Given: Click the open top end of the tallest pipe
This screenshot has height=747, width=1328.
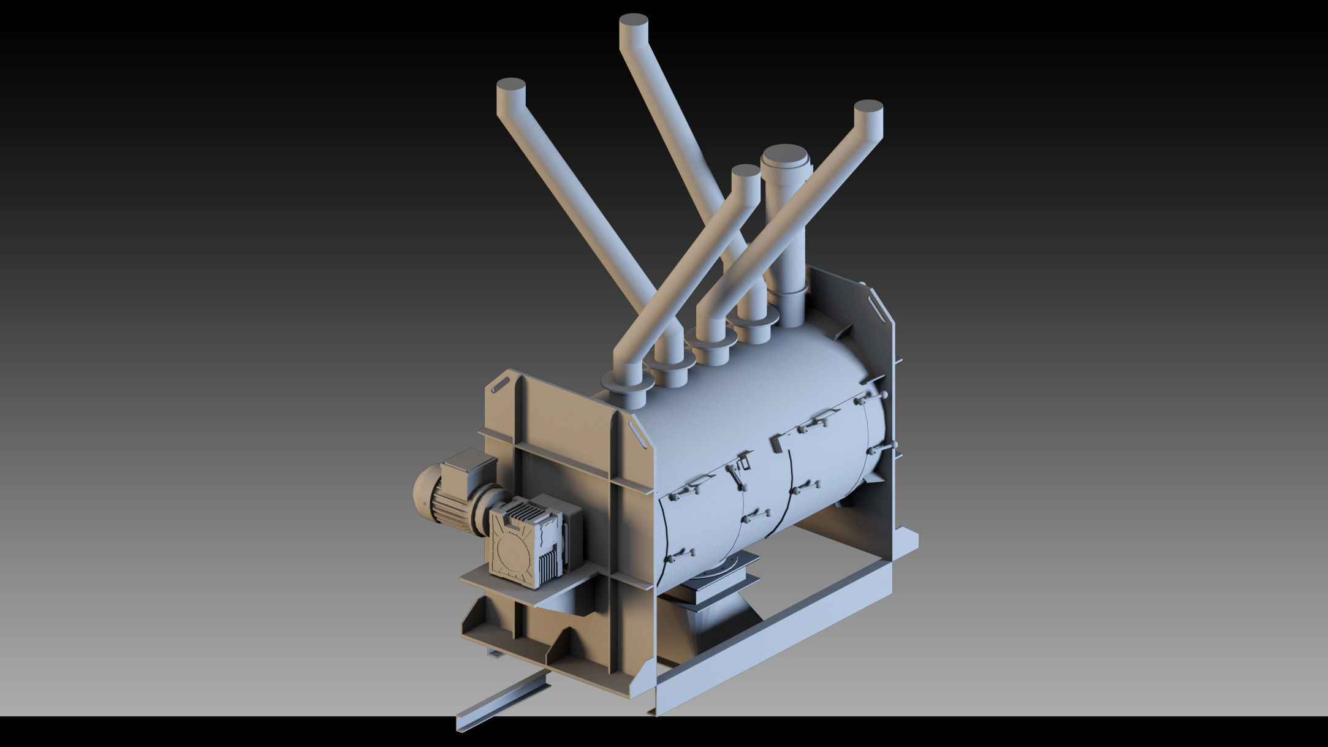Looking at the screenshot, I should coord(634,21).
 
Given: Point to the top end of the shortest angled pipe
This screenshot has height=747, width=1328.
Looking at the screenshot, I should coord(746,173).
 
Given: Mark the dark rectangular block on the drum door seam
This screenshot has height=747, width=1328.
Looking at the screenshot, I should coord(776,444).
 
